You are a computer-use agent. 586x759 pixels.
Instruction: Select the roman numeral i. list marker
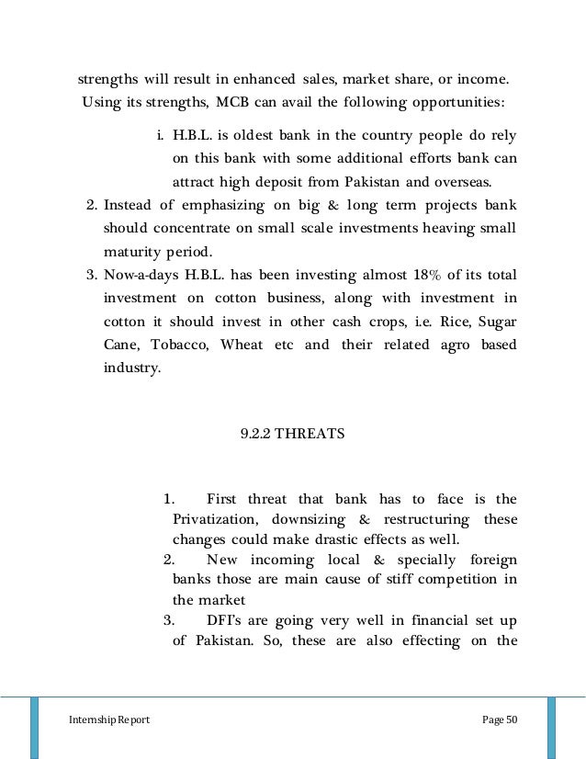point(160,137)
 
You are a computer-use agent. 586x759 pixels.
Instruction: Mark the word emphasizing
point(228,205)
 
